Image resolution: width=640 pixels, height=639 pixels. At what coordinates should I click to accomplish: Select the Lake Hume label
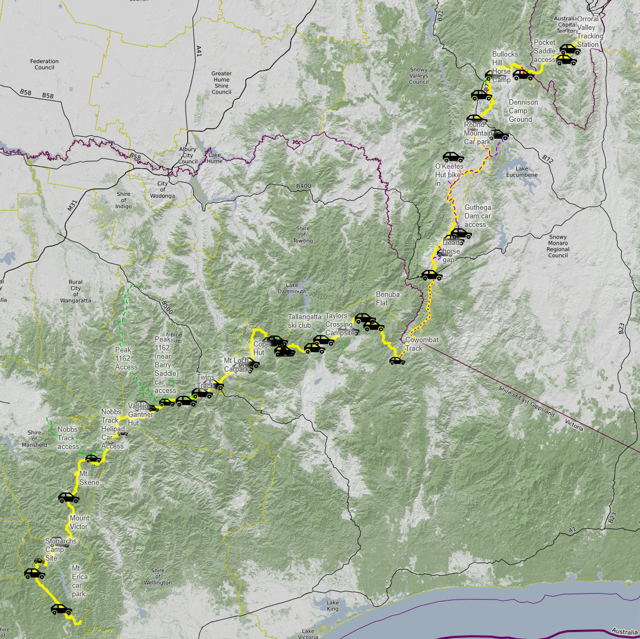pos(215,158)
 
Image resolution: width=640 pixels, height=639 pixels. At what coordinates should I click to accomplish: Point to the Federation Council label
pos(45,65)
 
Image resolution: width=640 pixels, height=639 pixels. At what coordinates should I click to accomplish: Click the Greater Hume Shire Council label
pos(221,83)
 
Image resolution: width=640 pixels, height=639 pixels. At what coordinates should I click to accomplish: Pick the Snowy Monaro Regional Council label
pos(558,246)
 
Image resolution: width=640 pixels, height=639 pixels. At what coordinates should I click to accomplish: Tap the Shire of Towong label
pos(302,235)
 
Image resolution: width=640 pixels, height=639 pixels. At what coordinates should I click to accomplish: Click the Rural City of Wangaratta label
pos(76,291)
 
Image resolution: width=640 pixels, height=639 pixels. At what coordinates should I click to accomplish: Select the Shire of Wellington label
pos(158,577)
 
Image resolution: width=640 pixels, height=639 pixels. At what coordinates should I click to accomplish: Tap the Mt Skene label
pos(89,478)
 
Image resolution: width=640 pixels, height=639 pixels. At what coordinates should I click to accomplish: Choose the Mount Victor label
pos(79,522)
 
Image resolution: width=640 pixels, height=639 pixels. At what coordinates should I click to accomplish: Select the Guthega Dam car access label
pos(477,216)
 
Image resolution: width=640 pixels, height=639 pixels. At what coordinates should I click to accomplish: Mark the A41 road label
pos(199,51)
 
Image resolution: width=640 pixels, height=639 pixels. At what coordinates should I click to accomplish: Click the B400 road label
pos(303,186)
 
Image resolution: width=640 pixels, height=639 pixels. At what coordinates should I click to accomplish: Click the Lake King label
pos(332,605)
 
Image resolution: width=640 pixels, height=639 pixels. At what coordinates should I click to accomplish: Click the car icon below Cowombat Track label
pos(397,361)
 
